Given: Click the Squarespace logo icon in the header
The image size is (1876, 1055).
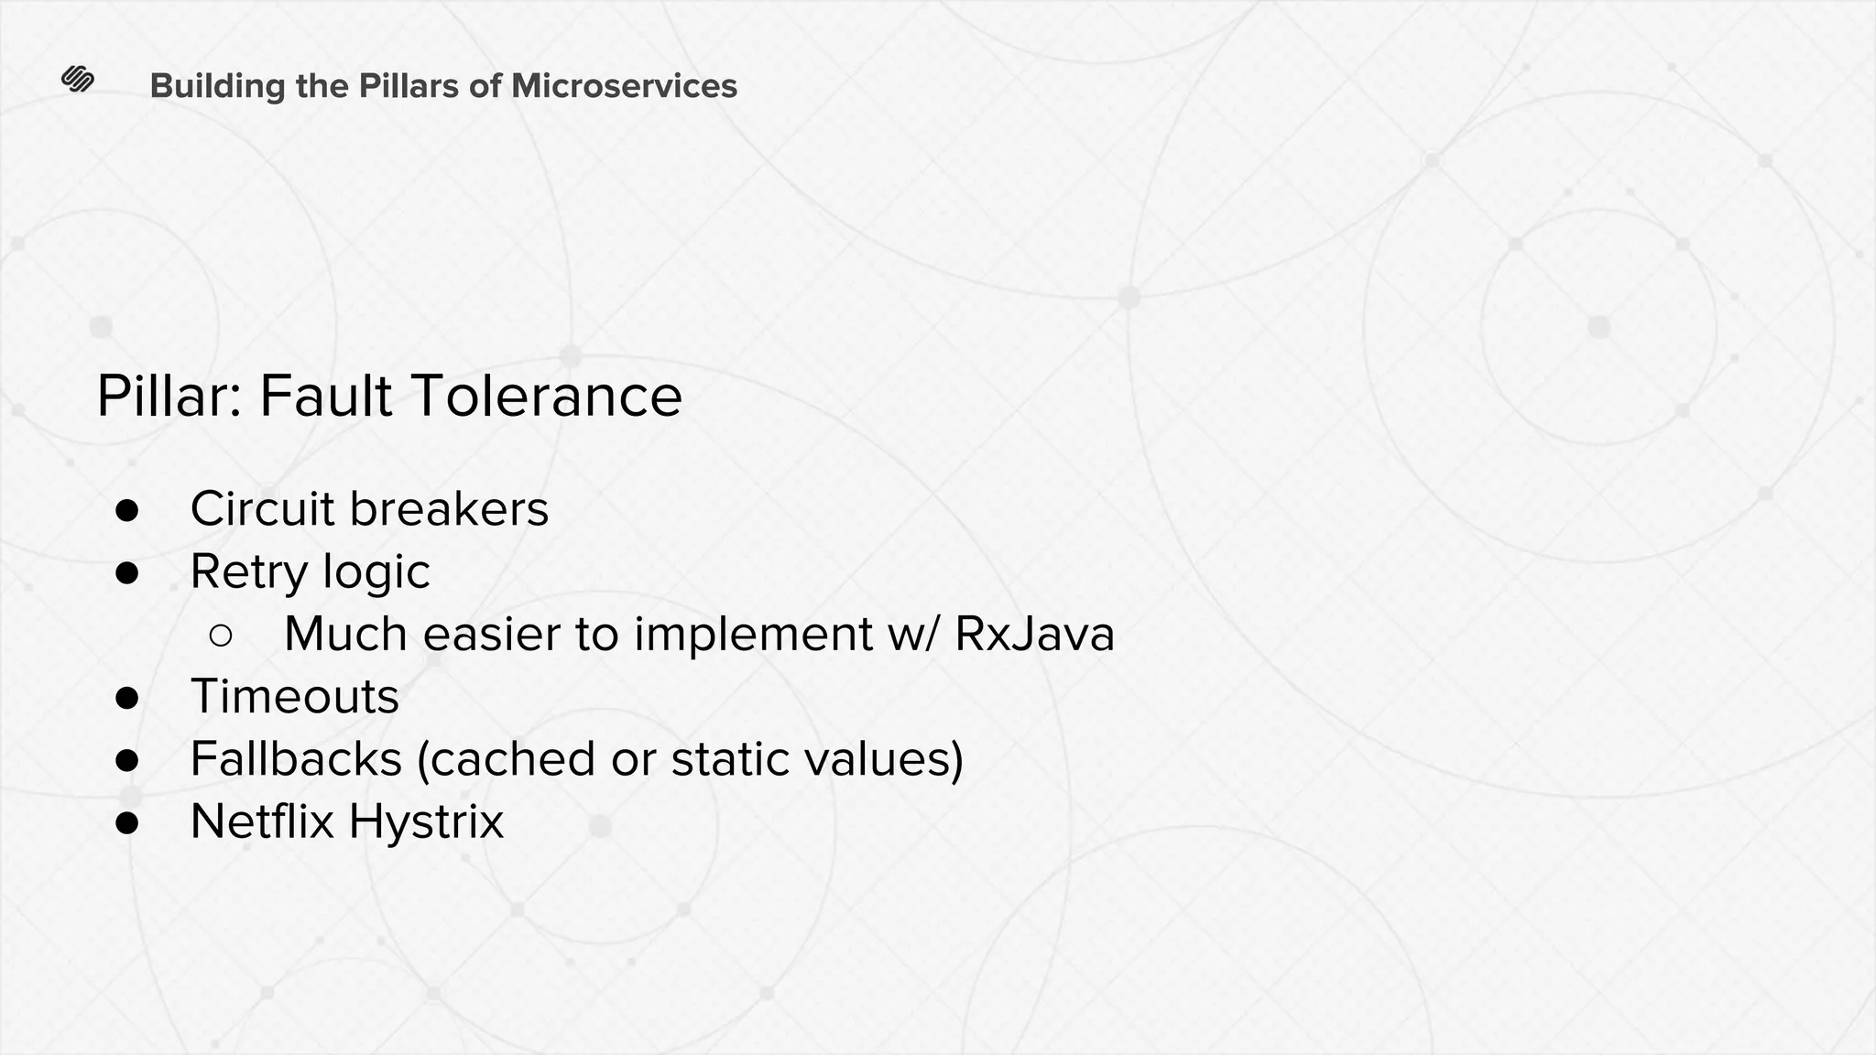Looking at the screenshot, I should pos(78,81).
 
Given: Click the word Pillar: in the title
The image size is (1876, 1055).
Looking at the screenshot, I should pos(169,397).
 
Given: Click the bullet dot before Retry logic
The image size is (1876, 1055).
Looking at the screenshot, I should pos(127,573).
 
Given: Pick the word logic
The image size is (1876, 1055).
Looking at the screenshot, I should pos(376,573).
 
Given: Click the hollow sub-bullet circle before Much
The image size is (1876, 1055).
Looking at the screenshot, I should pos(221,635).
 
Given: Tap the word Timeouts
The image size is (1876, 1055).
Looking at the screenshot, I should pos(294,697).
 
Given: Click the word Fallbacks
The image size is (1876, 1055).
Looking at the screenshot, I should pos(296,759).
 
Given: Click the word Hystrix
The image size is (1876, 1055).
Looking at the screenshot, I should pos(426,821).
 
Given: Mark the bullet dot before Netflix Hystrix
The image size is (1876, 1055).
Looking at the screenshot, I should pos(127,822).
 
